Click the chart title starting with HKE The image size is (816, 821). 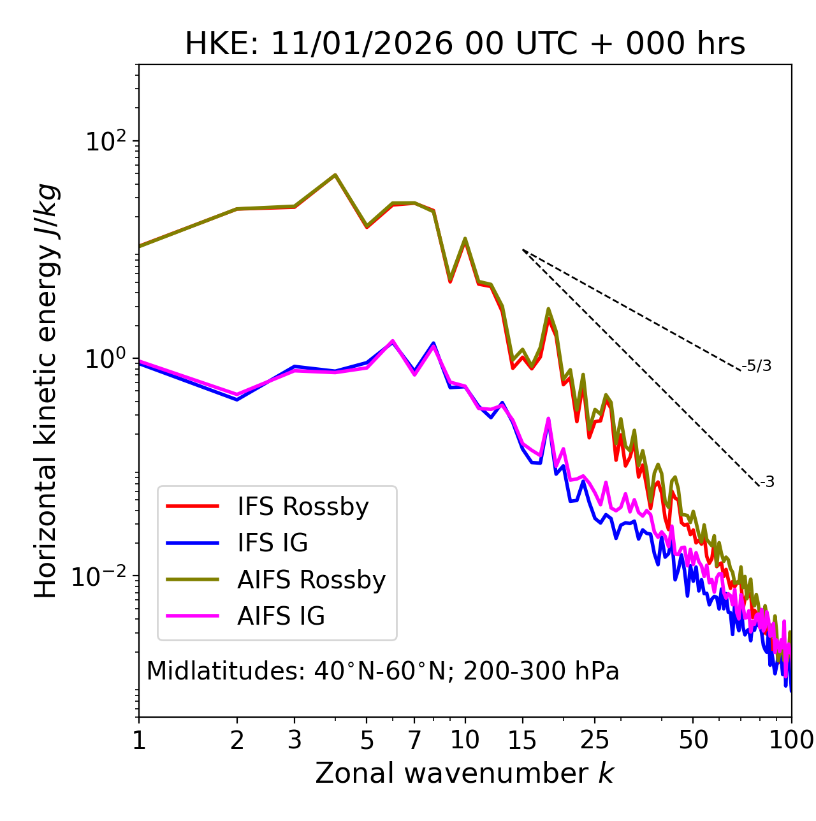(465, 45)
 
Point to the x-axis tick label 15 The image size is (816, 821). (522, 740)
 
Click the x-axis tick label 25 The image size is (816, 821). (595, 740)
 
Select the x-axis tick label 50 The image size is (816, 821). (693, 740)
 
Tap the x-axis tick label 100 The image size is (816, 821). (791, 740)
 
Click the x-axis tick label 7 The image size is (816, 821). (414, 740)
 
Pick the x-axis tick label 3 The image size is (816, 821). (295, 740)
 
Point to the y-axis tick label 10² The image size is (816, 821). (106, 141)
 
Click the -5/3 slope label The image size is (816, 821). (757, 366)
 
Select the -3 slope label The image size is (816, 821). (767, 483)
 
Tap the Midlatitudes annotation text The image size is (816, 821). (382, 671)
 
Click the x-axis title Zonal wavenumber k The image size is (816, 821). (465, 773)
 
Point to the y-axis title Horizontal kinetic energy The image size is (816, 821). (46, 391)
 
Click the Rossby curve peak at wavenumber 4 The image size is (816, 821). (335, 175)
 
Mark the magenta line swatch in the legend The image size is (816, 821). (193, 616)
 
